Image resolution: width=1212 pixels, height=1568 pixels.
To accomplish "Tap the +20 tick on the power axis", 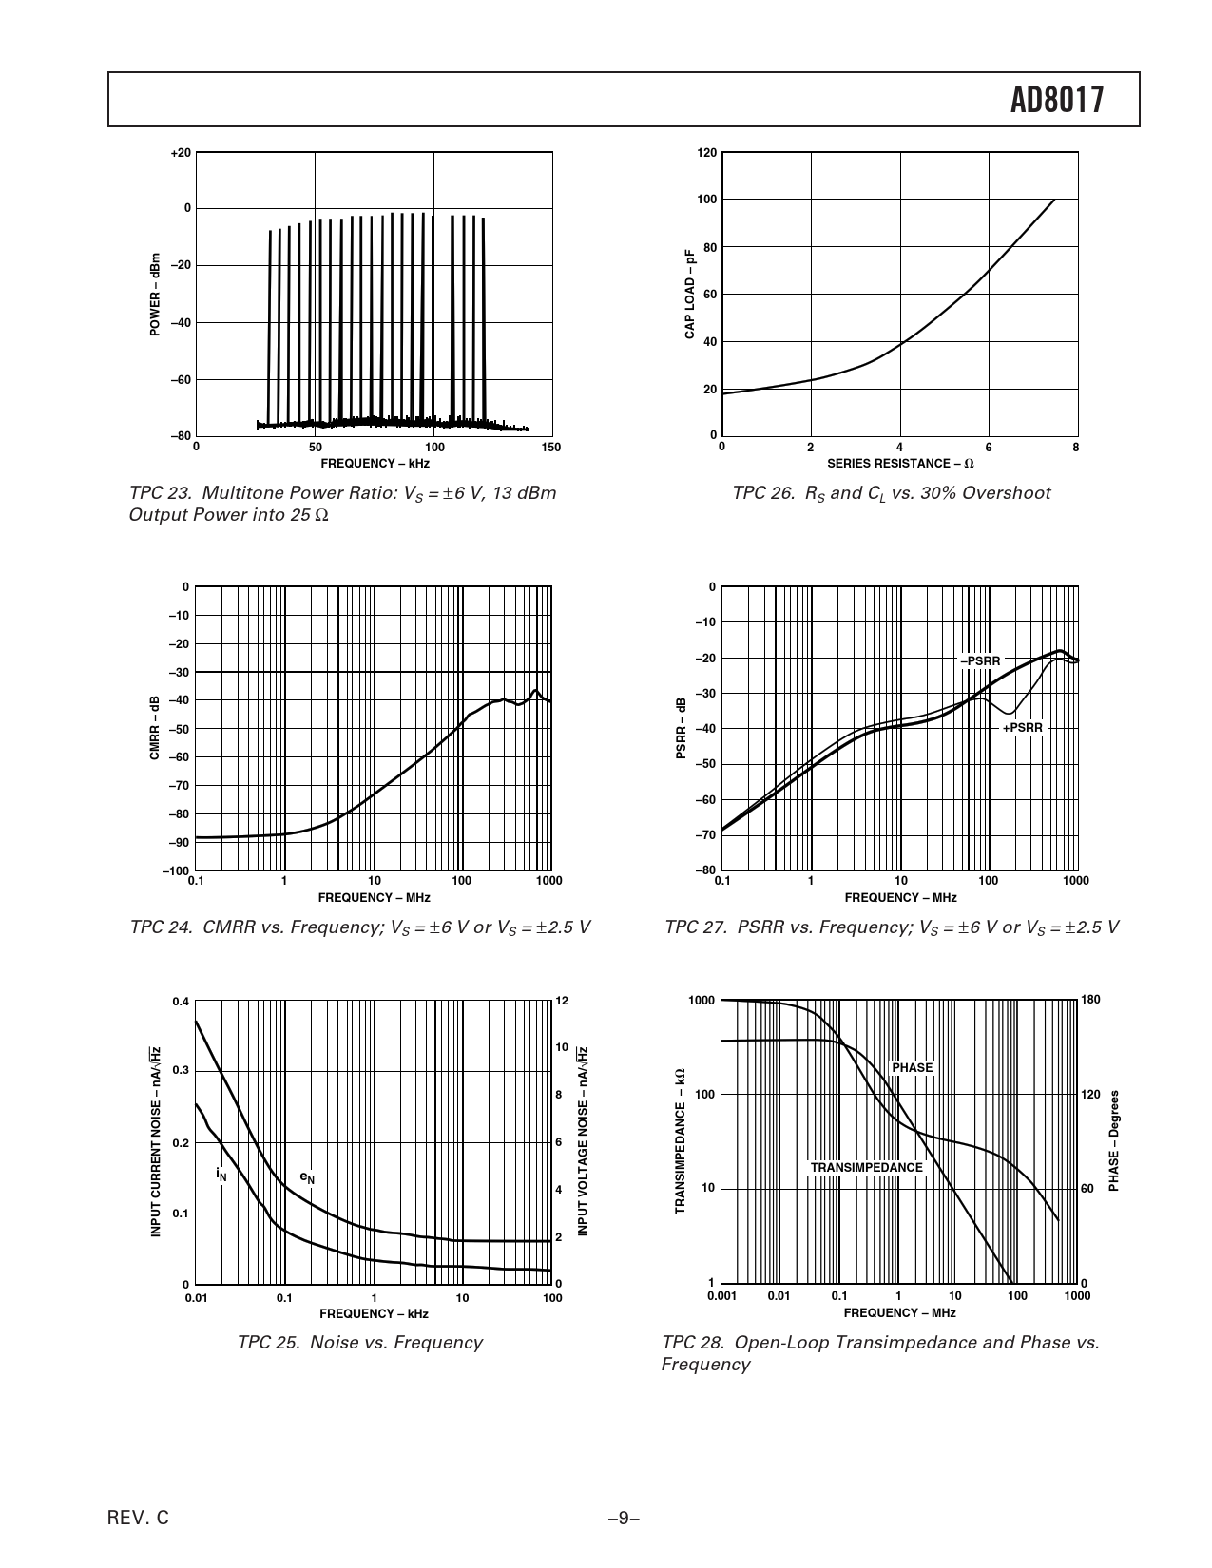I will coord(181,152).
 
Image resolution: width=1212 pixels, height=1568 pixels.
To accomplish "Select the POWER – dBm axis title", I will coord(154,294).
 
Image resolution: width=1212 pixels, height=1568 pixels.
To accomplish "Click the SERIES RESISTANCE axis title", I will coord(900,464).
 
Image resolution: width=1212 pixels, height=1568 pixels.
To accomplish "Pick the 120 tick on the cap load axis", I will coord(706,152).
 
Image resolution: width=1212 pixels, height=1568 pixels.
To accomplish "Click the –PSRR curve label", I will coord(979,660).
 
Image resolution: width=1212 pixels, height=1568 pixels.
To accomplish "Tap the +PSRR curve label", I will coord(1023,728).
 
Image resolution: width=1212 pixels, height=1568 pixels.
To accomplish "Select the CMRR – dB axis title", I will coord(154,729).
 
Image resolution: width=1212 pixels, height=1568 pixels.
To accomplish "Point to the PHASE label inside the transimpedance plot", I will coord(912,1068).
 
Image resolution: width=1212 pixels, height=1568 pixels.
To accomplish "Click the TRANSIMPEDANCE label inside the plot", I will coord(866,1167).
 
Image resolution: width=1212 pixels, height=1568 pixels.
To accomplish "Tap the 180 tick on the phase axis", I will coord(1090,1000).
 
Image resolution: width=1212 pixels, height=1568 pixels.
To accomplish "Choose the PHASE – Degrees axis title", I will coord(1113,1140).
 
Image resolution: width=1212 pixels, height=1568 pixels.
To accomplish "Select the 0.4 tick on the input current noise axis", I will coord(181,1002).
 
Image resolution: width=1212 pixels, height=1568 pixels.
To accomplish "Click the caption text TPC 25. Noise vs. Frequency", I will coord(359,1343).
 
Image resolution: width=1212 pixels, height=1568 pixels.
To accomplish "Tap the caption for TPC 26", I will coord(891,493).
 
